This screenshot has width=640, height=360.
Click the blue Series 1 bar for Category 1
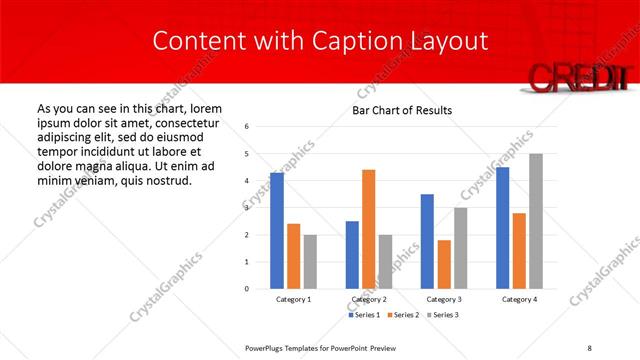tap(277, 231)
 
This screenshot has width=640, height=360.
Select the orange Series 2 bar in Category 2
tap(368, 229)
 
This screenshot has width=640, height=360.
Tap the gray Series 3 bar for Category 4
tap(536, 221)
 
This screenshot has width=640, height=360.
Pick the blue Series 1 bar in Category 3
tap(427, 241)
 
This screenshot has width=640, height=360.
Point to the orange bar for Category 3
tap(444, 264)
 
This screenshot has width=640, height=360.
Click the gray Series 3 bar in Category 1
tap(311, 262)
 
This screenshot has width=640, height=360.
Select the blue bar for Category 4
tap(502, 228)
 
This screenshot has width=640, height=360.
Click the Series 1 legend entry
tap(363, 315)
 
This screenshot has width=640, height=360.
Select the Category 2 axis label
tap(368, 300)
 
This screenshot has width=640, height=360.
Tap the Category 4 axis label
tap(519, 300)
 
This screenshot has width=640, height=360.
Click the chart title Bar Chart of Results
tap(401, 110)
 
